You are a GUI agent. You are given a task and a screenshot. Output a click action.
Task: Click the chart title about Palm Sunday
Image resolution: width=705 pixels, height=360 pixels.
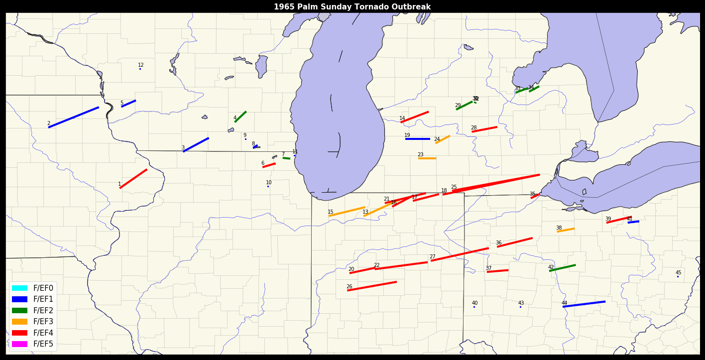[352, 7]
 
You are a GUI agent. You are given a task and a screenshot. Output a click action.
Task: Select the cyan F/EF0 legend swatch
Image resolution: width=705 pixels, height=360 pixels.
[19, 288]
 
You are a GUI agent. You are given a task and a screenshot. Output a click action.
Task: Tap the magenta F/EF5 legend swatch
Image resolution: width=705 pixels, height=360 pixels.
[19, 344]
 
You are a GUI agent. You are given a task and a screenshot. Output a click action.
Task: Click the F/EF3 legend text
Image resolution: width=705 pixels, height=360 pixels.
[43, 322]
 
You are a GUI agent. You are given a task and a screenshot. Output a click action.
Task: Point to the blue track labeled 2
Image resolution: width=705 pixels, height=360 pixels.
[74, 117]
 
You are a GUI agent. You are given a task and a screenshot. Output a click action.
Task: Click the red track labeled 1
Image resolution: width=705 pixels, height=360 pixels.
[133, 179]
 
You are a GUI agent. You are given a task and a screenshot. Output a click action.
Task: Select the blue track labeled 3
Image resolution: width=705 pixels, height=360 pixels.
[196, 144]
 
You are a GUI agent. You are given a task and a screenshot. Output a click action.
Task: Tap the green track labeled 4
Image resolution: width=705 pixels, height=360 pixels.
[240, 117]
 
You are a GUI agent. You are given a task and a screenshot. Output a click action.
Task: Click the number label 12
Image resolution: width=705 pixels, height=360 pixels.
[141, 65]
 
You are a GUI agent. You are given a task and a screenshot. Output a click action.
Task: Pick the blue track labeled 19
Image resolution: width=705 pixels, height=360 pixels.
[418, 139]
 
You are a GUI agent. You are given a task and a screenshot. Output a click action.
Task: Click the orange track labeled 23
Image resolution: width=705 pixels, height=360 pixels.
[427, 158]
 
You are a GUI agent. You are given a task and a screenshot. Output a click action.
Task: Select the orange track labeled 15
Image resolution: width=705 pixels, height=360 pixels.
[347, 212]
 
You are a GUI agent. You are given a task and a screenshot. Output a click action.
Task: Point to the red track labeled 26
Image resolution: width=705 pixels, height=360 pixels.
[372, 286]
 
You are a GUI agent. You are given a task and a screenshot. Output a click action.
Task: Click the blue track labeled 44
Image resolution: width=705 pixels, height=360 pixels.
[584, 304]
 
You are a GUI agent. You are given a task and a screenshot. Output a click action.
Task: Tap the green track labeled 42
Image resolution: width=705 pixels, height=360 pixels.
[563, 268]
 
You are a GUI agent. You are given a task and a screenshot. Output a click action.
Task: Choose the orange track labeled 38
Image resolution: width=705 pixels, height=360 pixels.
[566, 230]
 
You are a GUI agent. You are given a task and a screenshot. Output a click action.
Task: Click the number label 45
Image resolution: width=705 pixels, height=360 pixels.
[678, 273]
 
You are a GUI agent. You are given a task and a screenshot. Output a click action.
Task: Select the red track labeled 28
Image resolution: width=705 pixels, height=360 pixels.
[484, 129]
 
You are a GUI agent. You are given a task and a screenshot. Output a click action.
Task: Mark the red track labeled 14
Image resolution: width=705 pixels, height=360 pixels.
[415, 117]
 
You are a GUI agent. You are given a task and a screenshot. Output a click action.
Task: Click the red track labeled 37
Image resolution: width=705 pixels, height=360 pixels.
[497, 271]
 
